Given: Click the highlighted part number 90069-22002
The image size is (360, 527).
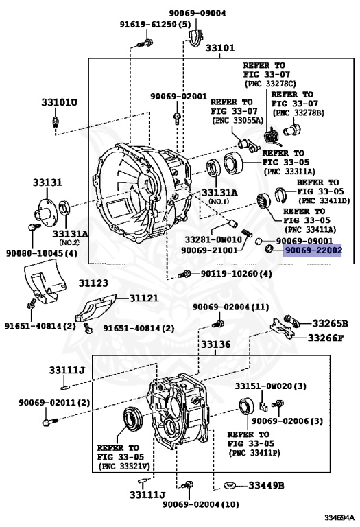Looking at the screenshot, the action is point(312,250).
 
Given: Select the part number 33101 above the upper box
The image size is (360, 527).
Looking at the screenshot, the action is point(220,48).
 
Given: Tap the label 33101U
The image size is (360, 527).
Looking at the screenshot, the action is point(59,102).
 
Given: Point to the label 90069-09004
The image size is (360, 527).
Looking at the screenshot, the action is point(197,13).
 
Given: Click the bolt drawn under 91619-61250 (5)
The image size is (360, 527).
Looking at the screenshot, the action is point(145,43).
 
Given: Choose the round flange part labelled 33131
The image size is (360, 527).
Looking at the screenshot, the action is point(44,210).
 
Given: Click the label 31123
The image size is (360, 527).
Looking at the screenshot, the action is point(93,283).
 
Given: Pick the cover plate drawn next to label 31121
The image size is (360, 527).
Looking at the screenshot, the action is point(96,308).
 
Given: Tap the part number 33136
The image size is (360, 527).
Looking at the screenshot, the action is point(215,344).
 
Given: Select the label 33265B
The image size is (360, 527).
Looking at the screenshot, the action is point(330,323).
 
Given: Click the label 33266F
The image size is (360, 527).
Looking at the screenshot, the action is point(326,338).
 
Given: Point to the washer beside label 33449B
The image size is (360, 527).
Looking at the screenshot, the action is point(230,485).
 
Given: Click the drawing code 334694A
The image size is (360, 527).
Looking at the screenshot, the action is point(339,517).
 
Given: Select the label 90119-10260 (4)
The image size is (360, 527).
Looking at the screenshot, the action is point(236,274).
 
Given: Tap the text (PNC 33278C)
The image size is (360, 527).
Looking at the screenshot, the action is point(270,83).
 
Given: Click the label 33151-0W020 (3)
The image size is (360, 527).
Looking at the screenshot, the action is point(270,386).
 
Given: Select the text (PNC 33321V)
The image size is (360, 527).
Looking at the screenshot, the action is point(124,466).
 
